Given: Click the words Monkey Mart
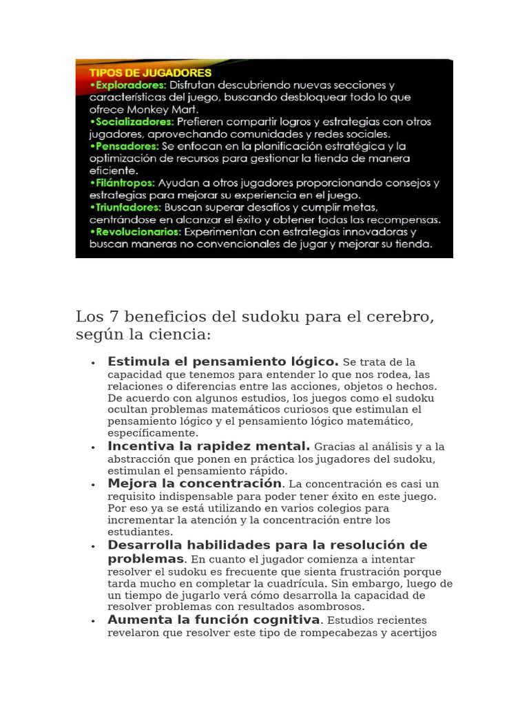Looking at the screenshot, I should (167, 109).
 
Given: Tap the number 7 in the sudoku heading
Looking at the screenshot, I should (113, 317).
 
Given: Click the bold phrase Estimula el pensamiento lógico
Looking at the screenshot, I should (223, 361).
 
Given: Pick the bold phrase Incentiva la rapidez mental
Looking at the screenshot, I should (209, 446).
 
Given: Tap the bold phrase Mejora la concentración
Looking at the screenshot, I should (195, 483).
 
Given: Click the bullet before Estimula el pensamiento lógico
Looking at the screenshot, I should (92, 363).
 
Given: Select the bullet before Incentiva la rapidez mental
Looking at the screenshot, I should (92, 448).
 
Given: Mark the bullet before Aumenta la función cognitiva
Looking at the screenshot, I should (92, 621).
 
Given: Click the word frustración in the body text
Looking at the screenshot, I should (382, 571).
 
